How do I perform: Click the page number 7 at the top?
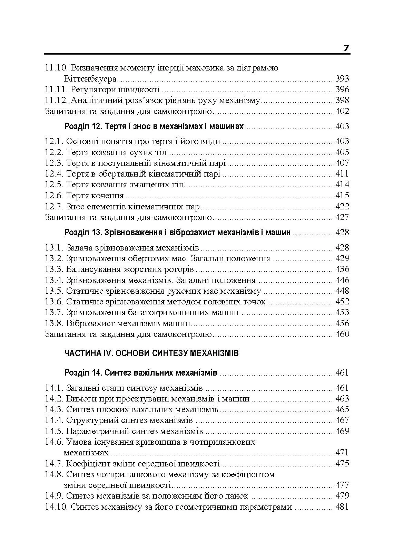tap(346, 48)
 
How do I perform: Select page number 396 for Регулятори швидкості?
tap(342, 90)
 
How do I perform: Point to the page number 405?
tap(342, 152)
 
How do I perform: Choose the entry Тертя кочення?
tap(95, 196)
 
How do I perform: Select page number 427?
tap(342, 217)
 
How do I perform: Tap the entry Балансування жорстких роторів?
tap(130, 269)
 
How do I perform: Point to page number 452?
tap(342, 302)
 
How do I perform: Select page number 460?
tap(342, 334)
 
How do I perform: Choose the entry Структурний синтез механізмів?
tap(129, 420)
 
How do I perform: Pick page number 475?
tap(342, 464)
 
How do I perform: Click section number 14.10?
tap(56, 507)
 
